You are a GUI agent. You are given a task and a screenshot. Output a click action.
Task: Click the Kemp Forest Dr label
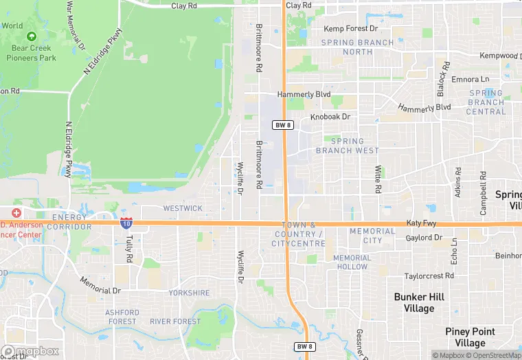pyautogui.click(x=351, y=29)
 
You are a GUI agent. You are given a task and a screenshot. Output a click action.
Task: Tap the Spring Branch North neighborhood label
pyautogui.click(x=358, y=47)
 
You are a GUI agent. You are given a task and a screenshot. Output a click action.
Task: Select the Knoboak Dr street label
pyautogui.click(x=330, y=117)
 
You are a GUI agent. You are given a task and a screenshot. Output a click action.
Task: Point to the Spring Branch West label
pyautogui.click(x=347, y=146)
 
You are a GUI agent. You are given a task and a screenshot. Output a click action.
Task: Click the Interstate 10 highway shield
pyautogui.click(x=126, y=223)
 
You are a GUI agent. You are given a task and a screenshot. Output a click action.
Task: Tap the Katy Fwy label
pyautogui.click(x=421, y=223)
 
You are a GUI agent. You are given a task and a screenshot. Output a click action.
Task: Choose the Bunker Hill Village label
pyautogui.click(x=419, y=303)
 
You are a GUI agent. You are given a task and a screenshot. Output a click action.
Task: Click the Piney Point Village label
pyautogui.click(x=475, y=337)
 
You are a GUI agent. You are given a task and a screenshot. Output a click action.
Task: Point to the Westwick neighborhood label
pyautogui.click(x=183, y=208)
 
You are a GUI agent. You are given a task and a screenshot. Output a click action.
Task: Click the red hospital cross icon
pyautogui.click(x=16, y=213)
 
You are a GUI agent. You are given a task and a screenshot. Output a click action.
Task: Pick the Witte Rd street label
pyautogui.click(x=378, y=178)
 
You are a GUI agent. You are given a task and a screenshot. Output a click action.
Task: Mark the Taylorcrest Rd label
pyautogui.click(x=429, y=275)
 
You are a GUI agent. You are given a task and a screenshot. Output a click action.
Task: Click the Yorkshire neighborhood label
pyautogui.click(x=189, y=293)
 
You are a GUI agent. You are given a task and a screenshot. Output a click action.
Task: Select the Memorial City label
pyautogui.click(x=372, y=236)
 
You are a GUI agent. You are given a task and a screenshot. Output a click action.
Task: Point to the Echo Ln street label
pyautogui.click(x=453, y=251)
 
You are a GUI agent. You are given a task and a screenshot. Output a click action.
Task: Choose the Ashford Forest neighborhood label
pyautogui.click(x=122, y=317)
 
